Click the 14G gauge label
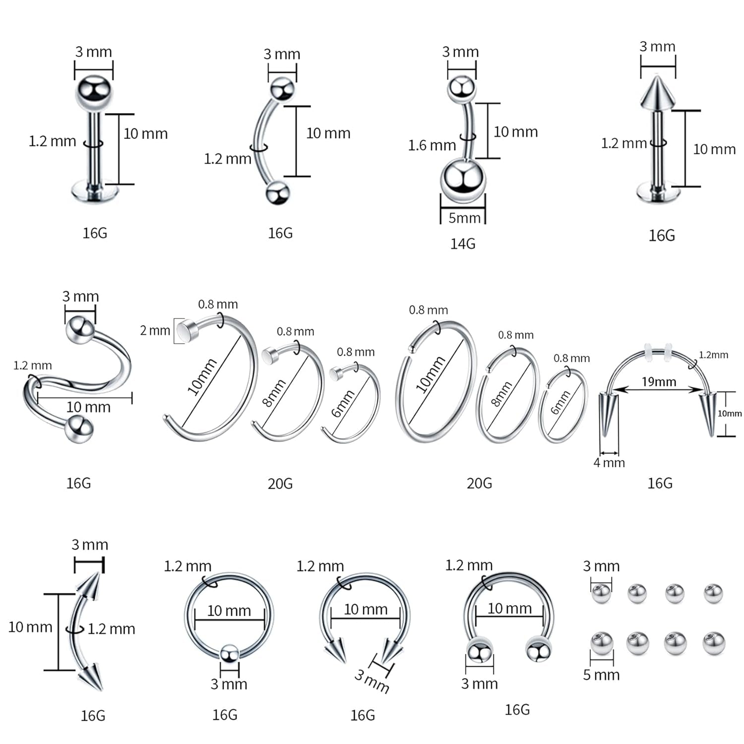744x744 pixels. pyautogui.click(x=462, y=244)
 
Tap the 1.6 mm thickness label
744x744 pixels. pyautogui.click(x=432, y=145)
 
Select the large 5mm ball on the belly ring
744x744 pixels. pyautogui.click(x=462, y=181)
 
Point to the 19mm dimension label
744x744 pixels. pyautogui.click(x=659, y=381)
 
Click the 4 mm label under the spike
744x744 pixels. pyautogui.click(x=609, y=462)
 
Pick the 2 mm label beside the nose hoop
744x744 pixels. pyautogui.click(x=155, y=330)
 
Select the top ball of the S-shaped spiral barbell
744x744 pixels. pyautogui.click(x=80, y=328)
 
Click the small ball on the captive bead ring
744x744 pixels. pyautogui.click(x=229, y=654)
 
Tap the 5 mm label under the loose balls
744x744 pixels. pyautogui.click(x=601, y=675)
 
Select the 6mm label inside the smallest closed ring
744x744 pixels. pyautogui.click(x=561, y=402)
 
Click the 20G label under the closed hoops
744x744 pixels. pyautogui.click(x=479, y=483)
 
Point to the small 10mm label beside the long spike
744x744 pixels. pyautogui.click(x=730, y=413)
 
